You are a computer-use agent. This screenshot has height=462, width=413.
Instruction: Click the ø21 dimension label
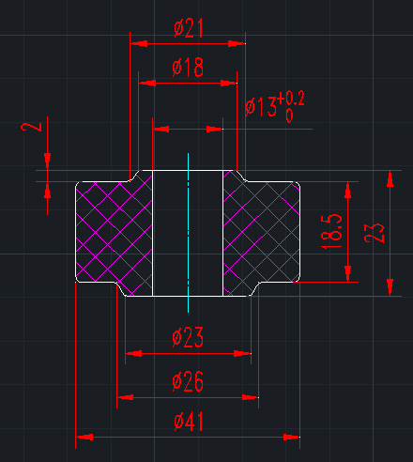189,28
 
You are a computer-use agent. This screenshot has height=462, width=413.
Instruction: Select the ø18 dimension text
188,68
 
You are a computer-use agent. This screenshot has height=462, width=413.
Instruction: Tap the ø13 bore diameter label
261,106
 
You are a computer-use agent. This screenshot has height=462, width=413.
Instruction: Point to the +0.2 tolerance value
291,100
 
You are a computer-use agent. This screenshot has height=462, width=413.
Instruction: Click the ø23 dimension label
188,337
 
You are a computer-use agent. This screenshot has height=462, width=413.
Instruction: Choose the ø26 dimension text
188,381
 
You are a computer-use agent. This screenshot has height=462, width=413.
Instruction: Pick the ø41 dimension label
189,422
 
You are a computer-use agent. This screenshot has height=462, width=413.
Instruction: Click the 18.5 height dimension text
331,231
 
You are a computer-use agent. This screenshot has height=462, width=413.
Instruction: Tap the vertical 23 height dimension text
374,232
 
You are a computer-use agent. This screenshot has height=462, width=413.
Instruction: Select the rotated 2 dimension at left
31,127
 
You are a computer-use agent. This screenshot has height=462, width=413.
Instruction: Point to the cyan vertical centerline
188,233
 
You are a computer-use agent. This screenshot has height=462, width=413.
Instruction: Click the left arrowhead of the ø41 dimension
84,437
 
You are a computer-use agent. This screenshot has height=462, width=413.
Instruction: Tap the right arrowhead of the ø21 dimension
237,43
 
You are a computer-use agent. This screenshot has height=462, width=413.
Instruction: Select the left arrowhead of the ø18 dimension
147,83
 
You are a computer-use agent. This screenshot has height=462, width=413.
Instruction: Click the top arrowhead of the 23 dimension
390,179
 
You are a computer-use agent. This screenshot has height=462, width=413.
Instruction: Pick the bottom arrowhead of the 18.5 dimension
348,273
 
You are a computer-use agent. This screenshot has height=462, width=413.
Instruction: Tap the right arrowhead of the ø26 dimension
251,397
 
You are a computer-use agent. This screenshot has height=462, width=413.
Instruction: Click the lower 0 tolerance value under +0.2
289,115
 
